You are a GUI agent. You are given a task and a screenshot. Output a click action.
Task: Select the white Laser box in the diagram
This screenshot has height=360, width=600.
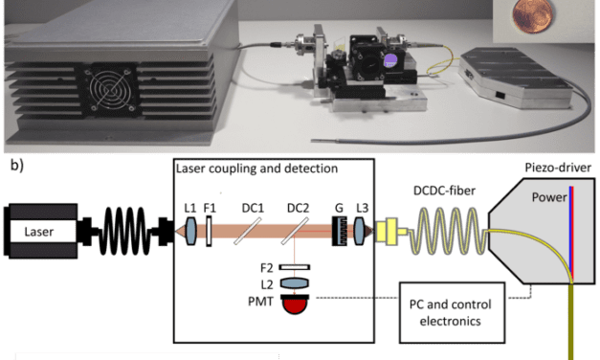39,231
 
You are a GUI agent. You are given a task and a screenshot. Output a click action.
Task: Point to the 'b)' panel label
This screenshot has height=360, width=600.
16,167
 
